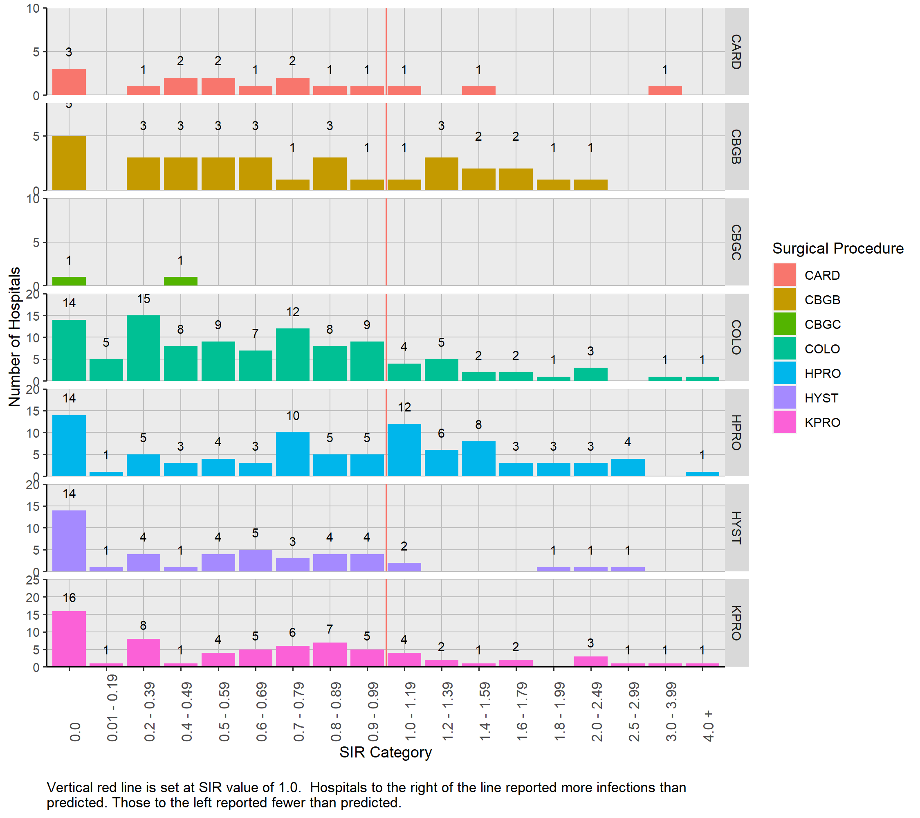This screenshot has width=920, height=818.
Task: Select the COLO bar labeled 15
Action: point(143,348)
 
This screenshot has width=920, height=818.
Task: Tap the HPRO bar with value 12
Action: point(404,450)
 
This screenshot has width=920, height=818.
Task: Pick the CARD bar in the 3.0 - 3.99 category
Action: point(665,90)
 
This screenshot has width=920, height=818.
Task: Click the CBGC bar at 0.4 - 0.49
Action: point(180,281)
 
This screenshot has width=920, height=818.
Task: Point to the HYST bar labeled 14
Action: point(69,541)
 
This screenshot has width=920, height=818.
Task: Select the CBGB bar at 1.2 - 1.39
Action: point(441,174)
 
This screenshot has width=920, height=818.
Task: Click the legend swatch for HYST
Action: point(785,398)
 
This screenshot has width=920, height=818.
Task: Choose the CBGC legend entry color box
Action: point(785,324)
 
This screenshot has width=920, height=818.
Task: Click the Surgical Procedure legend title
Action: point(838,249)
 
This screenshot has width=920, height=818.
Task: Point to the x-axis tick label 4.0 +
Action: point(708,726)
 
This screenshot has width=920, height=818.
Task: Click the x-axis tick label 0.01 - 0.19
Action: point(112,708)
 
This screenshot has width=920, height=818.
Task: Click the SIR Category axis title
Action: point(385,752)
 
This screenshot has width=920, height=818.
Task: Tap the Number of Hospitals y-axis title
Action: point(14,337)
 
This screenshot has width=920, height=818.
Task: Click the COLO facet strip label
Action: point(736,337)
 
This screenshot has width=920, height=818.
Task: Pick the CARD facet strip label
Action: point(736,52)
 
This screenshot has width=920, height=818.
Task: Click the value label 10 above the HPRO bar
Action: point(293,416)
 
